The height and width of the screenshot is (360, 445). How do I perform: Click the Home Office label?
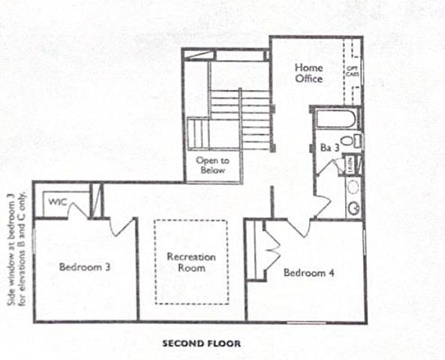tap(308, 73)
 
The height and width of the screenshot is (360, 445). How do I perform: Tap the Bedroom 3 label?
tap(86, 265)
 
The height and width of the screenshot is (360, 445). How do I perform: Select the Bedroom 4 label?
tap(308, 272)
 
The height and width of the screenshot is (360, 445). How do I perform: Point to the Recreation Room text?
tap(191, 262)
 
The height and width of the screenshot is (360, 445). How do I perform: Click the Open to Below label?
tap(212, 165)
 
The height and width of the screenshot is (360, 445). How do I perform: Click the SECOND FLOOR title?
tap(201, 344)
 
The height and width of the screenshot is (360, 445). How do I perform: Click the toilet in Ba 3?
tap(349, 141)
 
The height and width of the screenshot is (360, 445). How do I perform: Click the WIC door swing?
tap(77, 210)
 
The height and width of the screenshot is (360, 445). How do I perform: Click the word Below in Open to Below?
tap(212, 170)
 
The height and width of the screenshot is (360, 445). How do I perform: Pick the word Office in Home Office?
tap(308, 78)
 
